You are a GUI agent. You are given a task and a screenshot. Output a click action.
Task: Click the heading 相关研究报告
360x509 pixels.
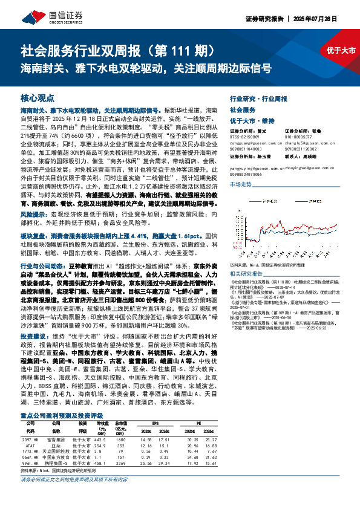[x=247, y=256]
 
